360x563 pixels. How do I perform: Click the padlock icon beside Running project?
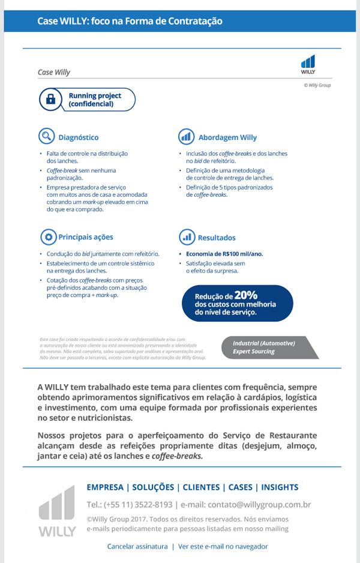click(51, 100)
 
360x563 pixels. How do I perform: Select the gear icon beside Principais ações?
click(47, 236)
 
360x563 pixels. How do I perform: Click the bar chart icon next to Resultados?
click(187, 236)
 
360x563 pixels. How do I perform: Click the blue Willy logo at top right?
click(308, 64)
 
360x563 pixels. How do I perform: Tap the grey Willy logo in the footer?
click(58, 511)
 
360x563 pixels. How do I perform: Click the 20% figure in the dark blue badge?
click(246, 295)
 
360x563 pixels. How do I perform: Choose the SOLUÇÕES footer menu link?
click(154, 487)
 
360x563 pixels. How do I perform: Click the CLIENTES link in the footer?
click(201, 487)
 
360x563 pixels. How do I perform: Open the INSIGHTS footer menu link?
click(280, 487)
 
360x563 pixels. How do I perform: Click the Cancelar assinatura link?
click(137, 546)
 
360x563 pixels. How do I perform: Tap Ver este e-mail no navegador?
click(223, 546)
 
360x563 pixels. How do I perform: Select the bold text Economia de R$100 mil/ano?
click(224, 254)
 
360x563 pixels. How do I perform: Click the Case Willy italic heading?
click(54, 72)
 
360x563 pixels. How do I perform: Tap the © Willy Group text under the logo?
click(317, 85)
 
